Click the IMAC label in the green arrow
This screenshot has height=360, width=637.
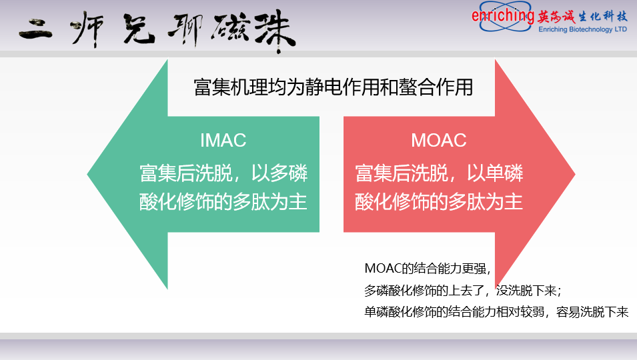(223, 141)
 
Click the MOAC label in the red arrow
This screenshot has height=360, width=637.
(439, 141)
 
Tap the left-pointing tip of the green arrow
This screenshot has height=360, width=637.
(88, 175)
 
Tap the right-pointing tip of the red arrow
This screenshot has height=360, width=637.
(574, 175)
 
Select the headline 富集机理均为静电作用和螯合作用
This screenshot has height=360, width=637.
(333, 87)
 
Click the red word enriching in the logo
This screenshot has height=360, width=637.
(502, 16)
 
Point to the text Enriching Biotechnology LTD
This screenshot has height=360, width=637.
(582, 29)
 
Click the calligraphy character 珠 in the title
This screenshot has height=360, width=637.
(275, 31)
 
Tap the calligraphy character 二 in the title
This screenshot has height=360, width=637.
(36, 29)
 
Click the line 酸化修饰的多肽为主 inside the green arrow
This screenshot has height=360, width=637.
(223, 202)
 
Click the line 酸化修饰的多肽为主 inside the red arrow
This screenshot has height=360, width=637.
(439, 202)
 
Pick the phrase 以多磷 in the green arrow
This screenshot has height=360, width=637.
(279, 173)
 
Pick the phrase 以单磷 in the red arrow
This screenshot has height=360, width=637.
(495, 173)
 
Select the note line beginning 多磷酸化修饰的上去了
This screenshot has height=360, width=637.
(463, 291)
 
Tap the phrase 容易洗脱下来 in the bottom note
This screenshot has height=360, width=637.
(592, 312)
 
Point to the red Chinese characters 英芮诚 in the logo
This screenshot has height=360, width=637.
(556, 17)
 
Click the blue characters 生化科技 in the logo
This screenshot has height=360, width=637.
(603, 16)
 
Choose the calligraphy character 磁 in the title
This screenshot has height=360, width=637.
(229, 29)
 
